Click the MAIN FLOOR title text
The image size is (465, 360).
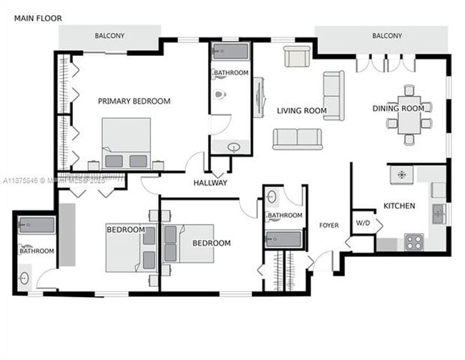tap(38, 18)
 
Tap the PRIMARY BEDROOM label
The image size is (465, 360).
tap(134, 102)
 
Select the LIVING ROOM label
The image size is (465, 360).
tap(302, 111)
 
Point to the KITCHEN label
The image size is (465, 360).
tap(398, 206)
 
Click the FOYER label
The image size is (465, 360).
tap(328, 225)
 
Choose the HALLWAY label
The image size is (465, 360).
tap(210, 183)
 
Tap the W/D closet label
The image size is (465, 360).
tap(363, 223)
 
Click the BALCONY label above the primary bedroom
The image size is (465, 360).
tap(109, 36)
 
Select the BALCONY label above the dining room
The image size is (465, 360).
tap(386, 36)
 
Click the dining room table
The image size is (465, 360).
tap(409, 115)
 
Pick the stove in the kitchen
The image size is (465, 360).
tap(414, 242)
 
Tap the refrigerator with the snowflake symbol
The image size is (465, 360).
tap(401, 174)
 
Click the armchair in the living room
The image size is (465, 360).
tap(296, 57)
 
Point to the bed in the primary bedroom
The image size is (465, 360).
tap(126, 143)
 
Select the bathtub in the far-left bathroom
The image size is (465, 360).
tap(36, 227)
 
